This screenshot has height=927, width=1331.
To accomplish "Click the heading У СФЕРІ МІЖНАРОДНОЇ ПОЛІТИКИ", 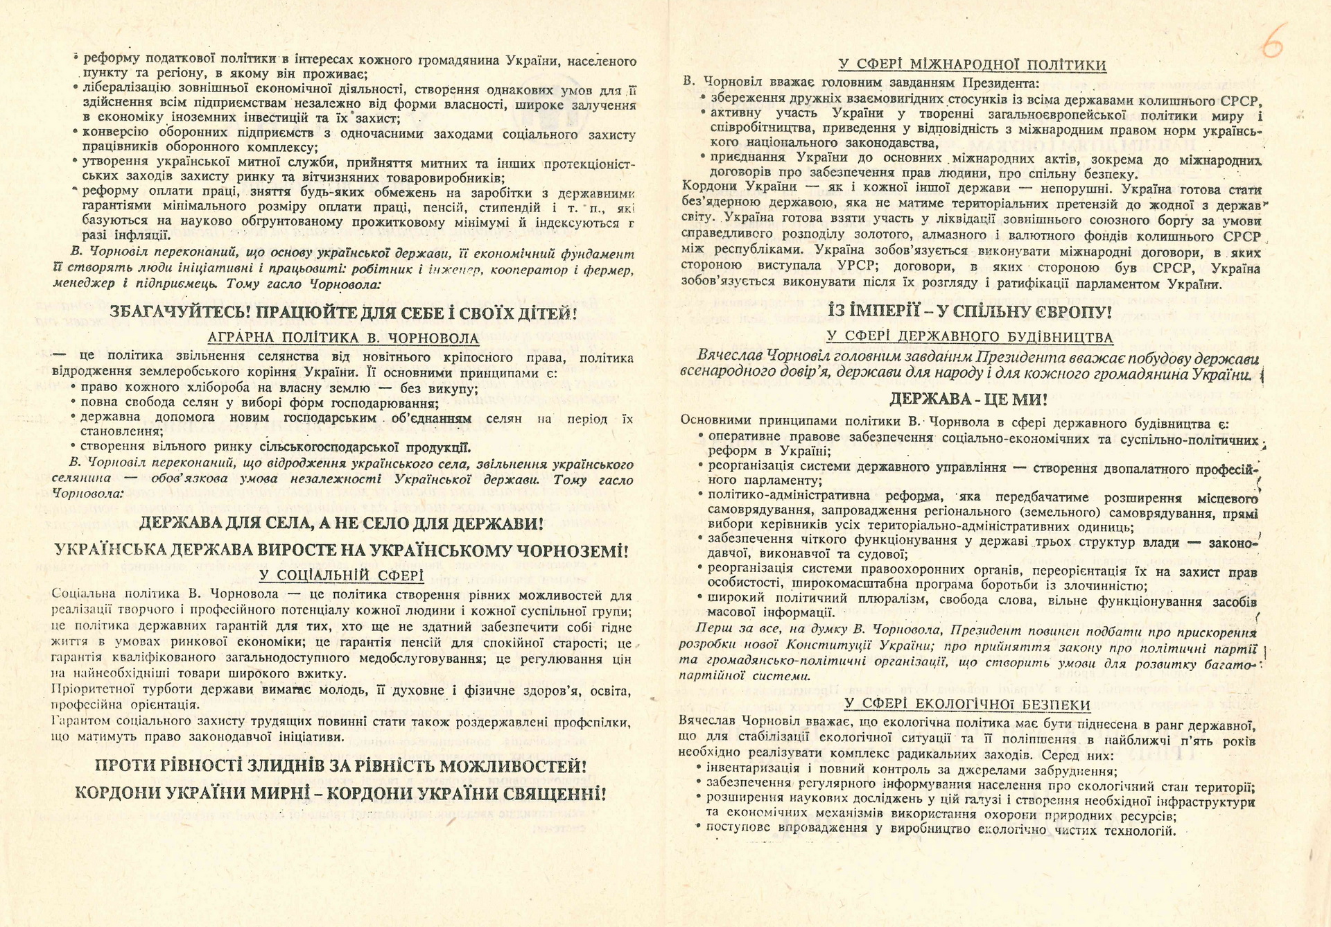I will point(972,65).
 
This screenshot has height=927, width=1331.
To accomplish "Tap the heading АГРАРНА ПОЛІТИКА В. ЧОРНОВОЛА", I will point(343,338).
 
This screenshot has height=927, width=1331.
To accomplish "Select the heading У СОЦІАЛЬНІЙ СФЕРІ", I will point(341,575).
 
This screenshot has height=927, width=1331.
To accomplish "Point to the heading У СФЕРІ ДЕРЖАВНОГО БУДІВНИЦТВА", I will point(969,337).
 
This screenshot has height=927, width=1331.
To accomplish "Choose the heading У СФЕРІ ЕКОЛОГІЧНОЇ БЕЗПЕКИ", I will point(967,705).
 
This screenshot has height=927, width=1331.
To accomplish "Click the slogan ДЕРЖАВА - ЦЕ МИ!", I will point(968,399).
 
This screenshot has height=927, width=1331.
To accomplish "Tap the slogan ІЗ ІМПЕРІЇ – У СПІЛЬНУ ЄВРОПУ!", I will point(970,311).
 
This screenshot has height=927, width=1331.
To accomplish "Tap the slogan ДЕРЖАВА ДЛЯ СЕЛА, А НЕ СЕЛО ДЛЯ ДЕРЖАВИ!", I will point(341,523).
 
